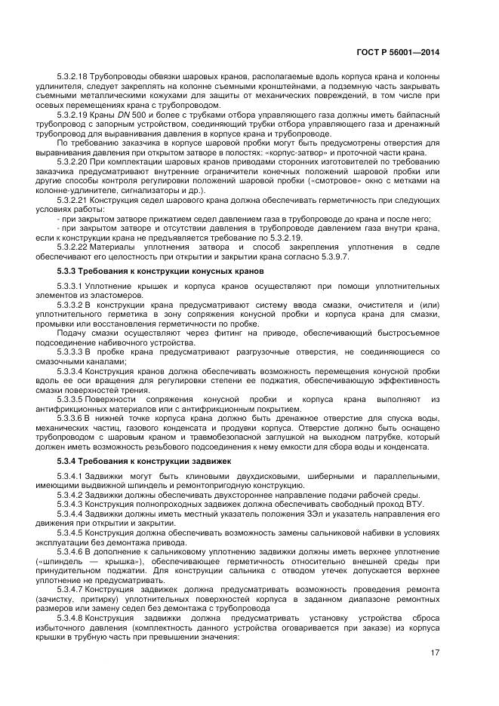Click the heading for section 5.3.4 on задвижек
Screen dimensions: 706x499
[145, 459]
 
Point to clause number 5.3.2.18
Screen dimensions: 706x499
[72, 78]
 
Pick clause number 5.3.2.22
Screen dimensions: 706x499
[72, 248]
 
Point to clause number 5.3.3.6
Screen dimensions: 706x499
[70, 417]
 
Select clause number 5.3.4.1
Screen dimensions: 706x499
[70, 475]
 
